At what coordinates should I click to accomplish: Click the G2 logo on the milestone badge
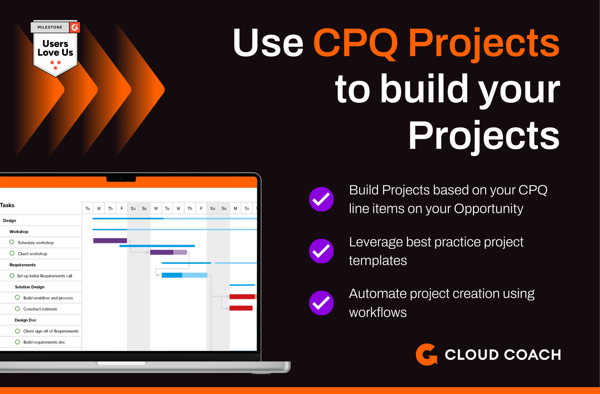[75, 27]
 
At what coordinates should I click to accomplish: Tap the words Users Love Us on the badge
[55, 48]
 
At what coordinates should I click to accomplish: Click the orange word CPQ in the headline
[356, 43]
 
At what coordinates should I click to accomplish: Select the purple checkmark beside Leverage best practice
[321, 251]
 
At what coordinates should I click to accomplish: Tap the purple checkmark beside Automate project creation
[321, 303]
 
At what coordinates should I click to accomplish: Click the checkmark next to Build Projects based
[321, 199]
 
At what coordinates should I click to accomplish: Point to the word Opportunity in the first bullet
[488, 209]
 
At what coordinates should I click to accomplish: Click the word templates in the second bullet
[378, 261]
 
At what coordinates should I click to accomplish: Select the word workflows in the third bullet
[378, 312]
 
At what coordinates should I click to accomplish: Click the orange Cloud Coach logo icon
[426, 355]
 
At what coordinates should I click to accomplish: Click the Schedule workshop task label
[36, 243]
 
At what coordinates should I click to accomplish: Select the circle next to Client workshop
[12, 253]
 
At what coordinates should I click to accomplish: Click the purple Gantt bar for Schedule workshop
[110, 241]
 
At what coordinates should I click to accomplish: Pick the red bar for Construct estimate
[241, 308]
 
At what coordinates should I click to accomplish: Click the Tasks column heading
[7, 205]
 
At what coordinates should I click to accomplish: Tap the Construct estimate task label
[40, 309]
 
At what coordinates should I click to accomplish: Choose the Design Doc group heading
[25, 320]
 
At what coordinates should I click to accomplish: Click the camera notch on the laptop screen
[121, 179]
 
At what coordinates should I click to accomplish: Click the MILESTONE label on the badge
[50, 27]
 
